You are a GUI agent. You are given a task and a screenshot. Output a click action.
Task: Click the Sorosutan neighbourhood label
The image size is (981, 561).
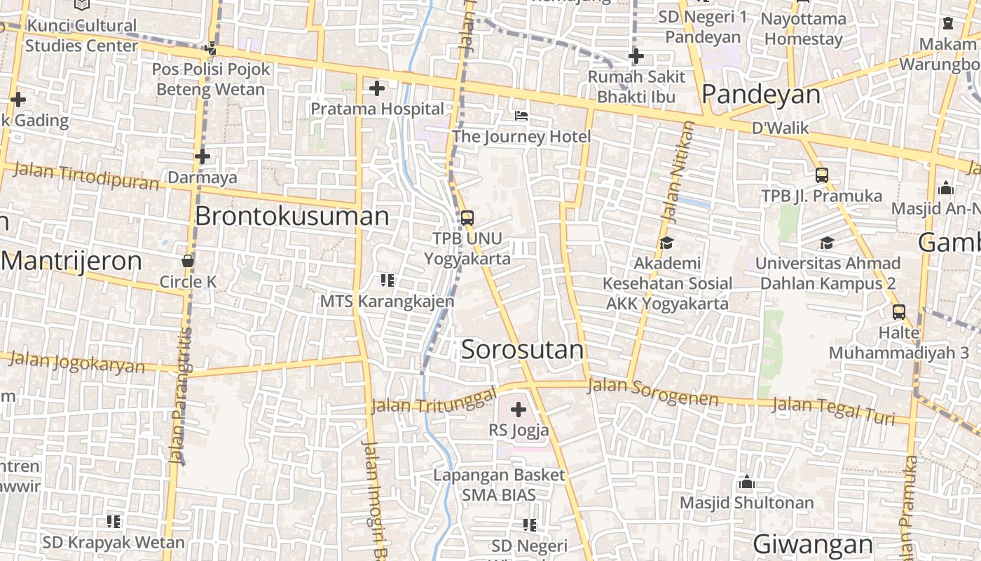click(x=522, y=350)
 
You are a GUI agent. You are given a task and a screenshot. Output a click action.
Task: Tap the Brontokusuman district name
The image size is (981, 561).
click(x=291, y=216)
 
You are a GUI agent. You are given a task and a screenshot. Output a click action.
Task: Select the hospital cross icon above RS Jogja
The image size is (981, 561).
click(x=519, y=410)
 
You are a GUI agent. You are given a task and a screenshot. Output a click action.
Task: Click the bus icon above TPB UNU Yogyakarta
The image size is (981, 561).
click(x=467, y=218)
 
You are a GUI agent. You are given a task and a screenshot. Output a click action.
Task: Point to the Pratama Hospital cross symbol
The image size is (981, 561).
click(x=377, y=88)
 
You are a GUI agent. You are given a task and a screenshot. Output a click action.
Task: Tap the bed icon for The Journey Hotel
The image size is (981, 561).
click(x=521, y=116)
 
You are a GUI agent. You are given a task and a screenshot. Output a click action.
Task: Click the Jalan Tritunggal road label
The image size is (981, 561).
click(x=432, y=399)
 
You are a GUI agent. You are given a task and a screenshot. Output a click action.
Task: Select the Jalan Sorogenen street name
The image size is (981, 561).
click(x=653, y=392)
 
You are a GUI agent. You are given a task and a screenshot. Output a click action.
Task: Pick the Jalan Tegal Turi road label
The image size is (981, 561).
click(x=833, y=410)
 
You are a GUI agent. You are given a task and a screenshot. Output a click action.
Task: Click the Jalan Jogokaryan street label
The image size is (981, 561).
click(x=77, y=363)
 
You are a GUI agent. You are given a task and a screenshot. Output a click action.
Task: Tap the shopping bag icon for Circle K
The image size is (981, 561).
click(x=188, y=261)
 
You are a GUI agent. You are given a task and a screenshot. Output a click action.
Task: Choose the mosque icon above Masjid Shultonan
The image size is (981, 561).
click(x=746, y=482)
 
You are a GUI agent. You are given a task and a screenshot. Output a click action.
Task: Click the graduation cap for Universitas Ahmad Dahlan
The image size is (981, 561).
click(x=827, y=243)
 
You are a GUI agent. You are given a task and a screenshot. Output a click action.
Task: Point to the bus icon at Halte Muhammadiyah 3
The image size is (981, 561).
click(x=898, y=312)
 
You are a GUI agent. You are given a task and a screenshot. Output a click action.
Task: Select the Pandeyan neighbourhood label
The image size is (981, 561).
click(x=760, y=94)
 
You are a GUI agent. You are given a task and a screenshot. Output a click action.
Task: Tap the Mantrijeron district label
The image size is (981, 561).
click(x=71, y=261)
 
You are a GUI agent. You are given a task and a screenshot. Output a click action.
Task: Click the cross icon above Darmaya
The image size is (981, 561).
click(x=203, y=156)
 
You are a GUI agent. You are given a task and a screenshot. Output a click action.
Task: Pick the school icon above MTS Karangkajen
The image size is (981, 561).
click(x=387, y=281)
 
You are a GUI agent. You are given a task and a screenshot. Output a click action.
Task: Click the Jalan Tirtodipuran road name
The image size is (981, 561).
click(x=85, y=175)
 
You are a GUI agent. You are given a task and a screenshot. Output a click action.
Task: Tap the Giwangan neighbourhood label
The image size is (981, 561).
click(x=812, y=544)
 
